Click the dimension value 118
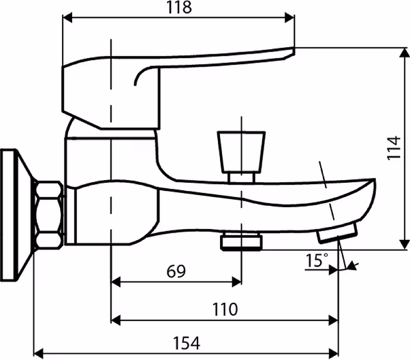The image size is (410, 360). pos(179,7)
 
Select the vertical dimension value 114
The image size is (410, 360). pos(394,148)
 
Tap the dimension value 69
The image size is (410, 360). pos(176,271)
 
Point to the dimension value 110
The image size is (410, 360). pos(225,310)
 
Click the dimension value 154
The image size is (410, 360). pos(187,343)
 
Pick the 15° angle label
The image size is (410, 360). pos(317,260)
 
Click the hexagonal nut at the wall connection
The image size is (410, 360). pos(49,215)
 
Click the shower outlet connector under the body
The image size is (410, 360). pos(241,242)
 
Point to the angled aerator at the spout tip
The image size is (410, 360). pos(337,232)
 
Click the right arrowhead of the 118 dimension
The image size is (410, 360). pos(289,18)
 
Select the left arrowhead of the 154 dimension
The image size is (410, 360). pos(39,353)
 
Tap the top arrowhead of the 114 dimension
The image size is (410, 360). pos(405,53)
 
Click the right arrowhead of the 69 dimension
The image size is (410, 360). pos(236,282)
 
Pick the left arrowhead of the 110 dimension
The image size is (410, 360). pos(116,320)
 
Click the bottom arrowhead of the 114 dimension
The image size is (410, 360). pos(405,245)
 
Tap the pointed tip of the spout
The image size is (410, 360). pos(375,180)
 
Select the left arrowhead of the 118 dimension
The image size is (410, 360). pos(67,18)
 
